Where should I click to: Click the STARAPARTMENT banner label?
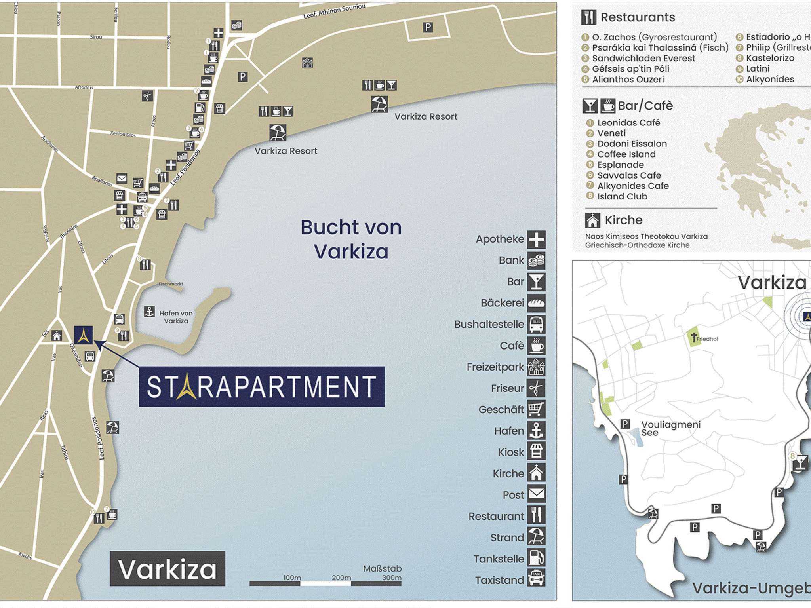click(x=261, y=387)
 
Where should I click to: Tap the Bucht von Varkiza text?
click(x=351, y=239)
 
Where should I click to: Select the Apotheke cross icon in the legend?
click(x=536, y=239)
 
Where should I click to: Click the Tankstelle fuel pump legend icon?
click(x=536, y=559)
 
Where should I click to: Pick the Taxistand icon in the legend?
click(x=536, y=579)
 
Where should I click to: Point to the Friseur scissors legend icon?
click(x=536, y=388)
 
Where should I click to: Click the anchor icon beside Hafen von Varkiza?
click(x=149, y=312)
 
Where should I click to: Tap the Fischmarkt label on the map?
click(x=171, y=284)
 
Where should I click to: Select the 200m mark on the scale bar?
click(x=341, y=578)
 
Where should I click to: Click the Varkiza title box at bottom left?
click(x=167, y=569)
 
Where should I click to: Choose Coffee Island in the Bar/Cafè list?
click(x=626, y=154)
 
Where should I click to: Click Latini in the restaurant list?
click(x=758, y=68)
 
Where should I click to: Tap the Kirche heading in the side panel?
click(x=623, y=220)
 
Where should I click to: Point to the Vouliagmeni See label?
click(x=670, y=428)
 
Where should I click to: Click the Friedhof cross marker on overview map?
click(x=694, y=338)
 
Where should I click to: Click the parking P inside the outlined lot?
click(x=428, y=27)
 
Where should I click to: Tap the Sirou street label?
click(x=96, y=37)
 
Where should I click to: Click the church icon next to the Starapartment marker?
click(x=57, y=336)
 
